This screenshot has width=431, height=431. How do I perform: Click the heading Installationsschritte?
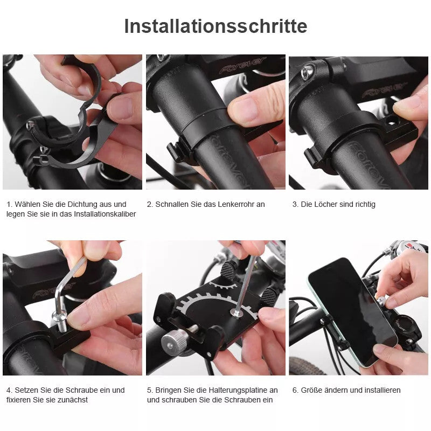click(215, 26)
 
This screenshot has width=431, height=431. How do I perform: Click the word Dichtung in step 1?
click(85, 204)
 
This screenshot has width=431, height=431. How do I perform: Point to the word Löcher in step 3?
click(328, 204)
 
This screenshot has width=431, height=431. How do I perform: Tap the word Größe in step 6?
click(313, 390)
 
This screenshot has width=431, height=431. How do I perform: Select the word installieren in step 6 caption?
click(380, 390)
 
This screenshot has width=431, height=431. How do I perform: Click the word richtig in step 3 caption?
click(363, 204)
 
